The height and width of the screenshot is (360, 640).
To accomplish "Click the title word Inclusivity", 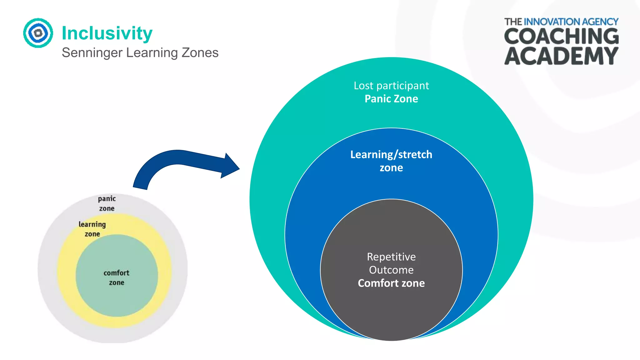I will pos(107,33).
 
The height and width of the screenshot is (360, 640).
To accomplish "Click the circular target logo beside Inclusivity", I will pos(38,33).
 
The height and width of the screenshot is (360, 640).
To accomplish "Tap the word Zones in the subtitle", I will pos(200,52).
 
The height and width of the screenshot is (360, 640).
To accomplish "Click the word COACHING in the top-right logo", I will pos(561,36).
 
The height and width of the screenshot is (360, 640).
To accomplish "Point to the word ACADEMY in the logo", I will pos(561,56).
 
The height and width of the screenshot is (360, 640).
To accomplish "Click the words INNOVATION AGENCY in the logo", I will pos(571,22).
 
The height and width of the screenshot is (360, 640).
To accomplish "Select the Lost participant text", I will pos(391,86).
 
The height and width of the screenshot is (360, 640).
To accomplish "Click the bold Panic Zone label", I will pos(391,99).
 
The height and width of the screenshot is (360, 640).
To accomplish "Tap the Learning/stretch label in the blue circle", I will pos(391,155).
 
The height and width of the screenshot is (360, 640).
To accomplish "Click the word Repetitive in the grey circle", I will pos(391,257).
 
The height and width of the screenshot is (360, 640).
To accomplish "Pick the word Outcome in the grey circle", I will pos(391,270).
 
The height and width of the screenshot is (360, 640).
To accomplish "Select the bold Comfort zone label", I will pos(391,283).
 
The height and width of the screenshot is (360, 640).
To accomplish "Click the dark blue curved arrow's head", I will pos(230,166).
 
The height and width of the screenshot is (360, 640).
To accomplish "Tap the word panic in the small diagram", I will pos(107,199).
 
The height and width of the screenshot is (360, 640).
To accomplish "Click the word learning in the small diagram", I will pos(92,224).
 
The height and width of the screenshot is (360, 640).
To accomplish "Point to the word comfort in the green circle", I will pos(117,273).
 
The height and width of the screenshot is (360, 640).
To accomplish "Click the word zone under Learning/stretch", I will pos(391,168).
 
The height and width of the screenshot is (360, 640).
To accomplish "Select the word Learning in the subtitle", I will pos(152,53).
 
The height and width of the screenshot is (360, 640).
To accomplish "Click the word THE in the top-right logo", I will pos(513,22).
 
